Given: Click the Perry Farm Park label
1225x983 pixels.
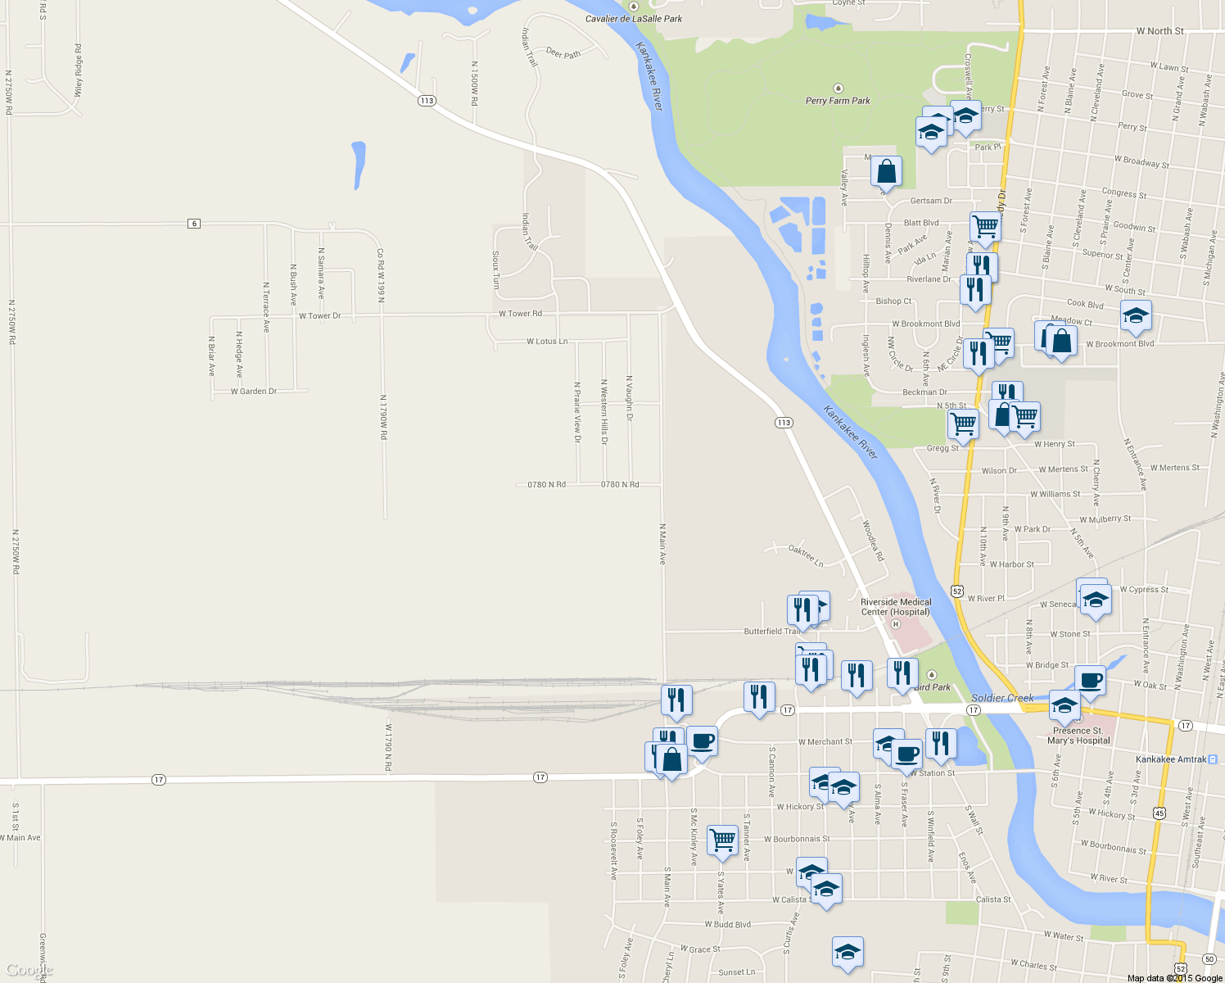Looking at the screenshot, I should pyautogui.click(x=838, y=101).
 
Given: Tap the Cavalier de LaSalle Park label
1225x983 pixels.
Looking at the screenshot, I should pyautogui.click(x=633, y=18).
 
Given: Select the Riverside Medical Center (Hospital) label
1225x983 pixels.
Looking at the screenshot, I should pyautogui.click(x=896, y=607).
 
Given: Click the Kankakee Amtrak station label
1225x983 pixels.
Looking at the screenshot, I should pyautogui.click(x=1171, y=759).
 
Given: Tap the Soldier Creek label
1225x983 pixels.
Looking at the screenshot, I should pyautogui.click(x=1002, y=698).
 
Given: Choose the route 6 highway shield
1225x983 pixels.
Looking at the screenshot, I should pyautogui.click(x=194, y=224).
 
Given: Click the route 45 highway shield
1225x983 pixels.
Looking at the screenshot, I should pyautogui.click(x=1159, y=813).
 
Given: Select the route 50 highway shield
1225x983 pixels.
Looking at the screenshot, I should pyautogui.click(x=1209, y=958).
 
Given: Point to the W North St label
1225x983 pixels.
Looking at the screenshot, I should pyautogui.click(x=1159, y=31).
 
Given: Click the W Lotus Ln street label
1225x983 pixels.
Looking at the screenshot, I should pyautogui.click(x=547, y=342).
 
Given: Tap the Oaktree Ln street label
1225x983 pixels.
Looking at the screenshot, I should pyautogui.click(x=806, y=555).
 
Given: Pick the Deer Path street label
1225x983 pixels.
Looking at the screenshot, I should pyautogui.click(x=563, y=54).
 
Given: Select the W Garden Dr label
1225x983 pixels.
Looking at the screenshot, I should pyautogui.click(x=254, y=392).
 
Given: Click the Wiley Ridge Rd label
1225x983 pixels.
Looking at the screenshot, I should pyautogui.click(x=79, y=70).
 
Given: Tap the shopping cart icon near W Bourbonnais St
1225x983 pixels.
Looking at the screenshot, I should pyautogui.click(x=722, y=839).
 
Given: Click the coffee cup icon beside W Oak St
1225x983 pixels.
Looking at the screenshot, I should pyautogui.click(x=1090, y=679).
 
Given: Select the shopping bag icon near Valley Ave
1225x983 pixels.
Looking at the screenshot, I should pyautogui.click(x=886, y=172).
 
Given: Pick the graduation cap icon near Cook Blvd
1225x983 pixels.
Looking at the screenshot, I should pyautogui.click(x=1136, y=315).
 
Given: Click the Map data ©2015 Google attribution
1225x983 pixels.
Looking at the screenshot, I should pyautogui.click(x=1174, y=978).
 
